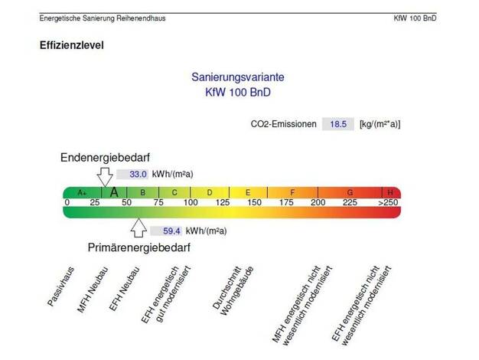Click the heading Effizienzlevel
point(72,45)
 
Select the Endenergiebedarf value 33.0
point(138,174)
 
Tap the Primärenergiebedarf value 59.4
point(161,230)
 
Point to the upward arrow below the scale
point(138,227)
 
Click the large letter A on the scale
point(113,192)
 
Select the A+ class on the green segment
point(81,192)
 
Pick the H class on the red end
point(390,192)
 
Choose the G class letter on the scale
point(350,192)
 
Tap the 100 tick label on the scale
point(191,203)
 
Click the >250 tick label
point(388,203)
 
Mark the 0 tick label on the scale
point(67,203)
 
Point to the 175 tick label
point(285,203)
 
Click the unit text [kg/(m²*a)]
point(380,124)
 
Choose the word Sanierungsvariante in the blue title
point(238,77)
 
